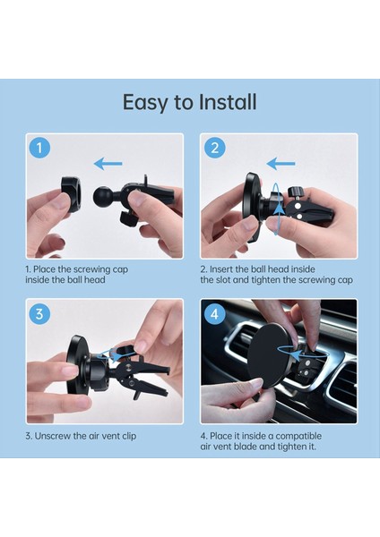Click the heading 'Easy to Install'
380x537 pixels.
[189, 102]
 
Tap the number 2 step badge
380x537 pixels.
[214, 149]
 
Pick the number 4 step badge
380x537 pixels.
[214, 314]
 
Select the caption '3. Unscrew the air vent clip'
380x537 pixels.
[81, 435]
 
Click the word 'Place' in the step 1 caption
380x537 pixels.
[47, 268]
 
